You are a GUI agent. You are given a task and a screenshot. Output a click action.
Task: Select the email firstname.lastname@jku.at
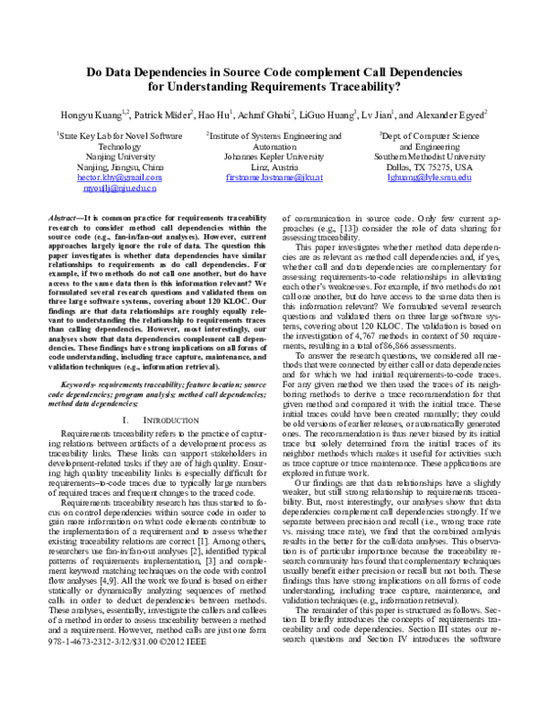[274, 177]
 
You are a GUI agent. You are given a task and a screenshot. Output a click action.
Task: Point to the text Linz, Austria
[274, 167]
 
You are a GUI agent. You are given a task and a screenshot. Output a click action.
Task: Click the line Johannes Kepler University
[274, 156]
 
